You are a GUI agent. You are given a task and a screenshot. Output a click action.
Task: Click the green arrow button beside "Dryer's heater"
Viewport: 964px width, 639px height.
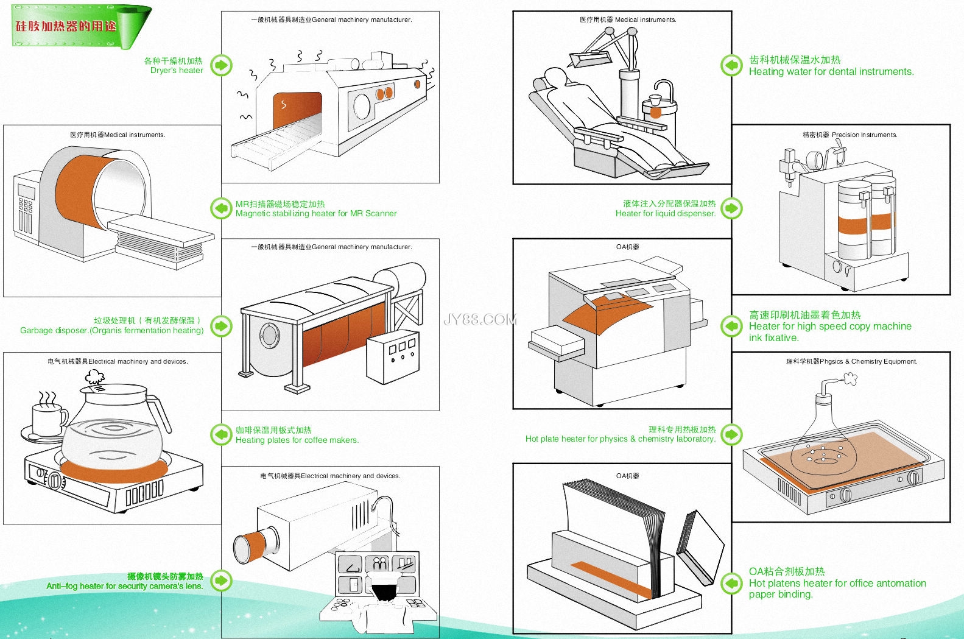point(222,65)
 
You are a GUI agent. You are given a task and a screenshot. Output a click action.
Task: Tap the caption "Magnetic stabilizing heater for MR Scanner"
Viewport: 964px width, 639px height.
point(315,214)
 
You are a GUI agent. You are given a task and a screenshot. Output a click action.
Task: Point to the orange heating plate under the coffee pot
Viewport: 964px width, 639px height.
point(113,471)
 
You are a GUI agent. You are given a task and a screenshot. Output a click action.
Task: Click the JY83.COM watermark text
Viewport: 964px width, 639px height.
point(480,319)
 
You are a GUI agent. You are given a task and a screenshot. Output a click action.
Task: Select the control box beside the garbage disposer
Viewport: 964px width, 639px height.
point(393,356)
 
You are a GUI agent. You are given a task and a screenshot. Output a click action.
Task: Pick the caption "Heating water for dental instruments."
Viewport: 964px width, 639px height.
point(831,72)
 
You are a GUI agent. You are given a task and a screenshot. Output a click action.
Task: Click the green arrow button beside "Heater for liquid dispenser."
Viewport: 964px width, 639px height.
point(731,208)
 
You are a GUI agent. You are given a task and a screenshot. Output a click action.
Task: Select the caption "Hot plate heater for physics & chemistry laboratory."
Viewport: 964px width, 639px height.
point(620,439)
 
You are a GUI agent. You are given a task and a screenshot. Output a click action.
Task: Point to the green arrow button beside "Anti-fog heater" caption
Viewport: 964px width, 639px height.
point(222,581)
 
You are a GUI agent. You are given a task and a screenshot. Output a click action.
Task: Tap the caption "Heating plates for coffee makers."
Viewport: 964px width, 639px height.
point(297,440)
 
